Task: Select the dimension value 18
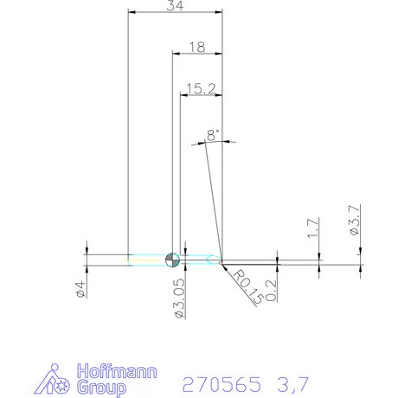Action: (196, 48)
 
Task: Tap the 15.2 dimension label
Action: (200, 88)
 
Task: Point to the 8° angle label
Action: (213, 135)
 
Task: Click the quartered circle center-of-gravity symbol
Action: (171, 258)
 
